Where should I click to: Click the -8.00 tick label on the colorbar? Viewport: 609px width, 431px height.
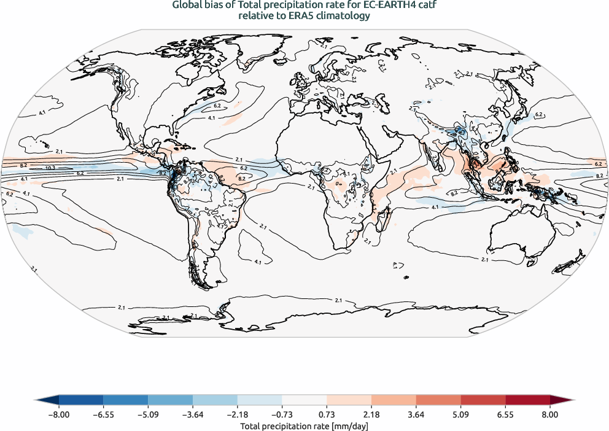(x=59, y=414)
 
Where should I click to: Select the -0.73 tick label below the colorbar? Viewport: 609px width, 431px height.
(x=282, y=414)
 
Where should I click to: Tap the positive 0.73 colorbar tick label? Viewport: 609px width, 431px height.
(x=327, y=414)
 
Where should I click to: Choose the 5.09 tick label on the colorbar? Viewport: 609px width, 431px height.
(x=461, y=414)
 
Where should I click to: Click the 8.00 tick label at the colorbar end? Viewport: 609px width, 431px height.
(x=550, y=414)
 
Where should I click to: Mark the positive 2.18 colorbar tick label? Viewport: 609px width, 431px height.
(x=372, y=414)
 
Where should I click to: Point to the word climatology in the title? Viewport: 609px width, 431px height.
(x=346, y=17)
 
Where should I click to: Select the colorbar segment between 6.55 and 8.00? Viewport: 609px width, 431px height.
(x=528, y=400)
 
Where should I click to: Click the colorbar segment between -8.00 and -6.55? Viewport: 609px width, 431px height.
(x=81, y=400)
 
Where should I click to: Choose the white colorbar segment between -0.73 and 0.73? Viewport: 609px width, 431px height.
(x=304, y=400)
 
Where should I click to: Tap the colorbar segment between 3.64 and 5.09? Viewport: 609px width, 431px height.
(x=438, y=400)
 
